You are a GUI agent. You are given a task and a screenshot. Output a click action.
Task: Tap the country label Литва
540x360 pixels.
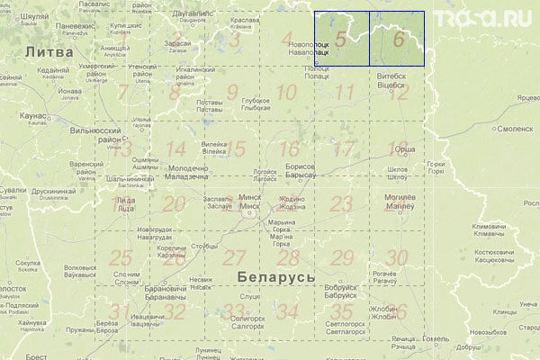(44, 53)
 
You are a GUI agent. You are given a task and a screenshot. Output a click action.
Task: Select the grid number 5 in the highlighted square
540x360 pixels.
(340, 40)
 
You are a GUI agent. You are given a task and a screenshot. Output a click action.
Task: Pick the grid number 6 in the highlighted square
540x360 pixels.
(398, 40)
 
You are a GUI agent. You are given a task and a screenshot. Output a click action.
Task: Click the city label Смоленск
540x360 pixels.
(515, 128)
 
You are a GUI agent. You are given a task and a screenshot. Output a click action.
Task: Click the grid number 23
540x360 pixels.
(341, 203)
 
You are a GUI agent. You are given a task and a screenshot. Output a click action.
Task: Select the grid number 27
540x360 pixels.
(234, 257)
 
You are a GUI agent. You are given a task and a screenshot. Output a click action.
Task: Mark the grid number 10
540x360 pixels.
(286, 93)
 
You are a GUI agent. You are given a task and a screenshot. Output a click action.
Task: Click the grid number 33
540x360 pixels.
(234, 312)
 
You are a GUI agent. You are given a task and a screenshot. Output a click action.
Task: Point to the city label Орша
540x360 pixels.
(406, 148)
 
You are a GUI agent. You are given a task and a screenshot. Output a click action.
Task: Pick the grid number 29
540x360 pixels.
(341, 258)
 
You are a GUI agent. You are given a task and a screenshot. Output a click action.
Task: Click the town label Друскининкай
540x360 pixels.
(54, 191)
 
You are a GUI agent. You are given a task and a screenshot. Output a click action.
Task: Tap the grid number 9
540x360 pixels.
(232, 93)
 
